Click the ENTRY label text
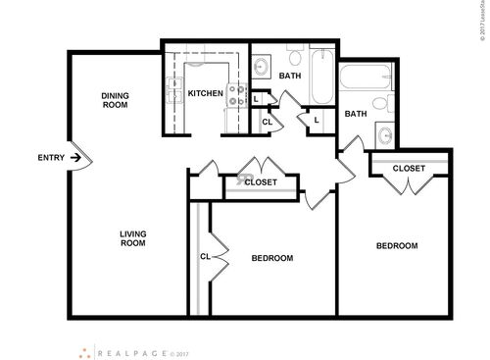point(51,158)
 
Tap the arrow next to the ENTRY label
point(76,158)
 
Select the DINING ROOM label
point(117,99)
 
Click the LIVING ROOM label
point(132,238)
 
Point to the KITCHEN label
point(206,94)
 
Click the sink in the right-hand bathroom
point(386,134)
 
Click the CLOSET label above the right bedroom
point(409,168)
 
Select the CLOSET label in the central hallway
point(260,182)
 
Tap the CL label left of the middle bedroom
point(205,257)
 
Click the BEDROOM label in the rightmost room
point(398,245)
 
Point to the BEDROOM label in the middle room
point(272,258)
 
